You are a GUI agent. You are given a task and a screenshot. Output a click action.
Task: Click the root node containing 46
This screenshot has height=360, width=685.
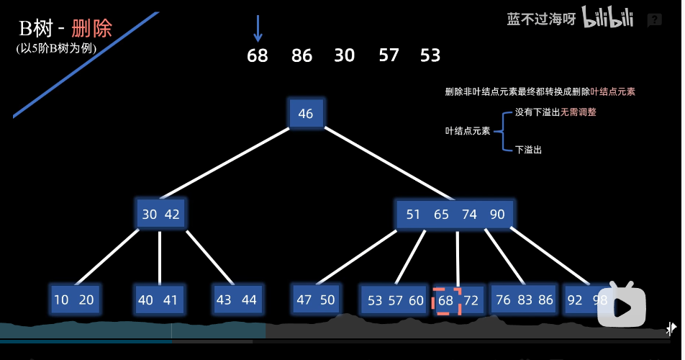tap(306, 114)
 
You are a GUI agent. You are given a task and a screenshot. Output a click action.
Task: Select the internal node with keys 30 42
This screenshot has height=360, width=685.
tap(160, 214)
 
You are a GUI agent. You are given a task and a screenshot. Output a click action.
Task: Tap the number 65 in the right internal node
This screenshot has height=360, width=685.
tap(441, 215)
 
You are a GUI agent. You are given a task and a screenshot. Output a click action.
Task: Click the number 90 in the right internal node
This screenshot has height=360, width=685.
tap(497, 215)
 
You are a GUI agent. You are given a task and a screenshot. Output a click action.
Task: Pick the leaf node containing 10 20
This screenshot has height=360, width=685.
tap(74, 300)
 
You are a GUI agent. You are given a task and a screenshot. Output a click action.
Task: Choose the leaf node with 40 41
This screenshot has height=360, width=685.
tap(158, 300)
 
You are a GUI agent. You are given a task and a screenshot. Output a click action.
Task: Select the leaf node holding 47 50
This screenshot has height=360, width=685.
tap(316, 300)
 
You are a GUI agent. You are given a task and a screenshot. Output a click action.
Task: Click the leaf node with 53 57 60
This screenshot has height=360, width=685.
tap(395, 300)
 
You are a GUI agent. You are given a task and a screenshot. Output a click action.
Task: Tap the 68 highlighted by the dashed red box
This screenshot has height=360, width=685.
tap(446, 301)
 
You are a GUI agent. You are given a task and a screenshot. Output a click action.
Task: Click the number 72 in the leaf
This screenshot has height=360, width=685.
tap(471, 301)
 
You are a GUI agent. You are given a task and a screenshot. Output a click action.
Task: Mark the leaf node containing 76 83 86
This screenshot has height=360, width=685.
tap(524, 300)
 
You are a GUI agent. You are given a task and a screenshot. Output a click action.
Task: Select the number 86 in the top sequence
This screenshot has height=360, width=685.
tap(302, 55)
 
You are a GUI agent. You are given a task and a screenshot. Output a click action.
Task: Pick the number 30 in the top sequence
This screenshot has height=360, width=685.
tap(345, 55)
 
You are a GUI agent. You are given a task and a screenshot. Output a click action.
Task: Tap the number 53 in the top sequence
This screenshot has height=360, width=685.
tap(430, 55)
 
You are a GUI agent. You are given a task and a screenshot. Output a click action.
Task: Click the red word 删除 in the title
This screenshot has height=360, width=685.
tap(92, 29)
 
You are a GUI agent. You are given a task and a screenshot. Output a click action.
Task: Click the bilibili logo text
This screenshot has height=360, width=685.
tap(607, 19)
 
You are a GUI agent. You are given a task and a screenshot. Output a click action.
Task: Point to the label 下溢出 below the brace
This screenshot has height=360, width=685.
tap(528, 150)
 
